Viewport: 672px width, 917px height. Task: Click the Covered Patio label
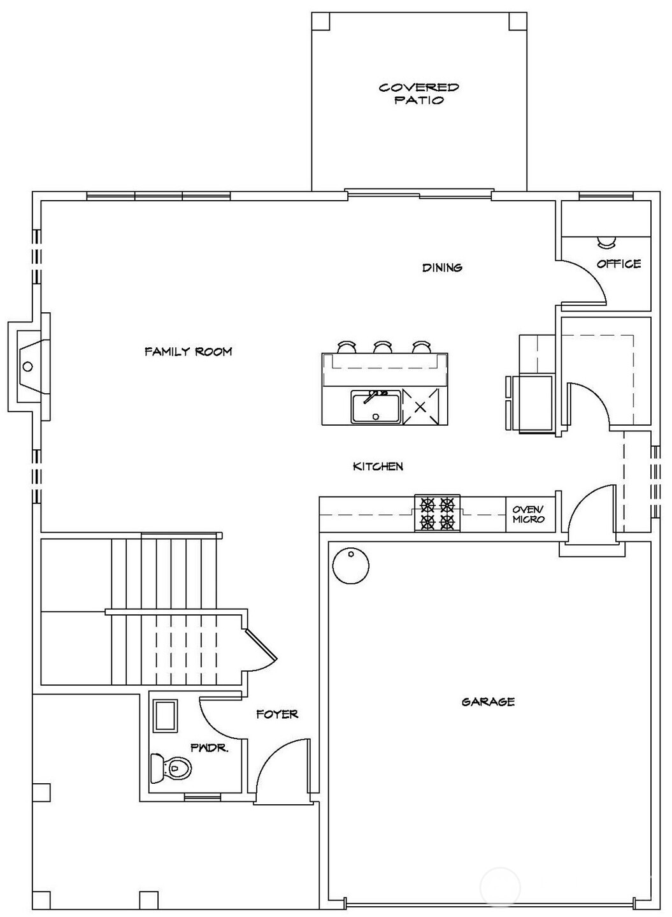(418, 94)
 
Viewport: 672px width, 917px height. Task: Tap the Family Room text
(188, 351)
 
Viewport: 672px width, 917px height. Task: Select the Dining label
(442, 268)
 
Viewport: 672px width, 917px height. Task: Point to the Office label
(618, 264)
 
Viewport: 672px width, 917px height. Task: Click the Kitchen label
(378, 466)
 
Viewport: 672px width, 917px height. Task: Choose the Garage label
(488, 702)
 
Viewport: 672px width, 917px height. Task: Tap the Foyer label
(277, 714)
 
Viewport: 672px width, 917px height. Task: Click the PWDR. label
(209, 747)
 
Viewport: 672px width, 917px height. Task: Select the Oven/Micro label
(529, 514)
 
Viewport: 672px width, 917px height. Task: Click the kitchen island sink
(375, 407)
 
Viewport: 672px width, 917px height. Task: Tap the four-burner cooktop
(438, 514)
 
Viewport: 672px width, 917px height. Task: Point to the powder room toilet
(171, 768)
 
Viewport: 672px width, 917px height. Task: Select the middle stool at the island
(382, 347)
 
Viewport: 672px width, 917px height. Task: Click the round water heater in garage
(350, 565)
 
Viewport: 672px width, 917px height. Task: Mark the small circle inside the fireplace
(27, 366)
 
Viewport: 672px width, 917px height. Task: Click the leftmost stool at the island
(346, 347)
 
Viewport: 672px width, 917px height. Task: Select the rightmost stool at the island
(421, 347)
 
